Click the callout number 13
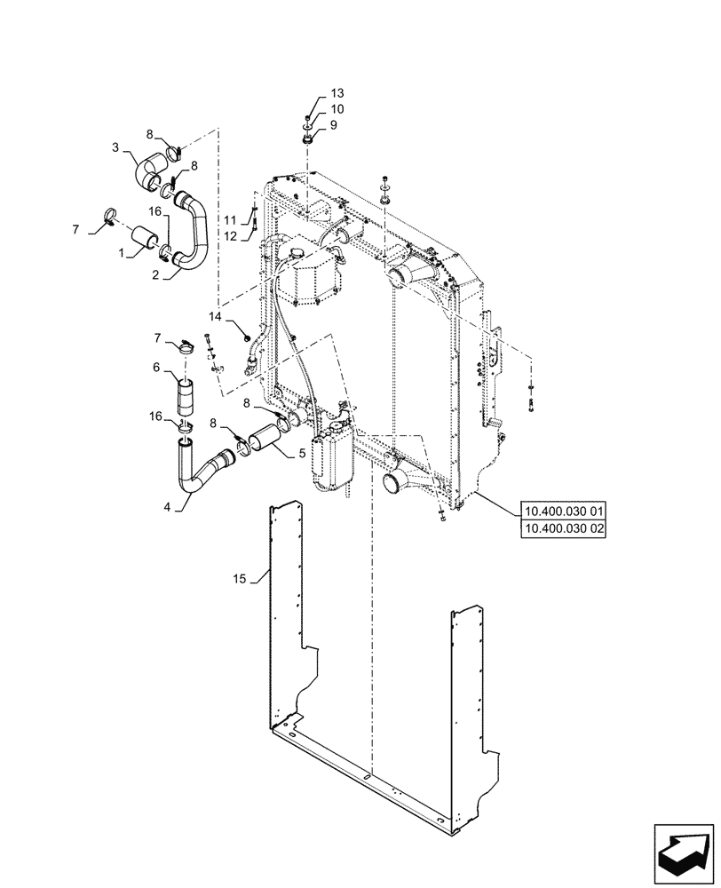point(337,93)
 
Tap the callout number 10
point(337,109)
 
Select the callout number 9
point(334,125)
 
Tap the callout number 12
point(229,235)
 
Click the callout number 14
point(216,315)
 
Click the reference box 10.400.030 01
point(565,511)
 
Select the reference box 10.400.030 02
point(565,527)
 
